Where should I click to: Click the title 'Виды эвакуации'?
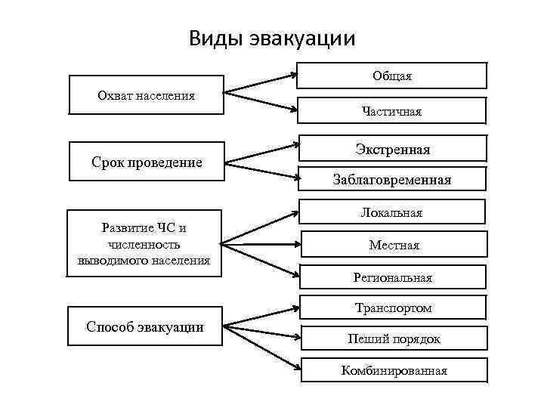[x=272, y=38]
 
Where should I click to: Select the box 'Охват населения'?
[x=146, y=95]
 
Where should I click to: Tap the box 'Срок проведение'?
[x=147, y=162]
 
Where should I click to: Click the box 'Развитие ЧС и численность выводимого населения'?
[x=144, y=244]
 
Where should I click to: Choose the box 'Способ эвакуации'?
[x=145, y=326]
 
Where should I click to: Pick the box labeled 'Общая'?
[x=391, y=76]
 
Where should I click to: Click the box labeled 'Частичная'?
[x=391, y=111]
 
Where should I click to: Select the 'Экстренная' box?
[x=392, y=149]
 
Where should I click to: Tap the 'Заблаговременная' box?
[x=392, y=180]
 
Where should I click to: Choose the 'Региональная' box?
[x=392, y=277]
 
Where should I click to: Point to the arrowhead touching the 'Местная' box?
[x=295, y=244]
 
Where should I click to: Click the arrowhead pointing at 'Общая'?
[x=294, y=74]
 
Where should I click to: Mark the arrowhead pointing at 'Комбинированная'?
[x=295, y=369]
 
